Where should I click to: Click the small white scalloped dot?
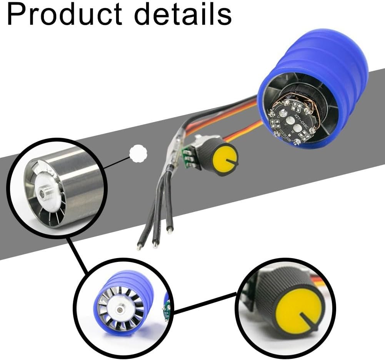pos(138,153)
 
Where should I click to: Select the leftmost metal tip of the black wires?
pos(139,246)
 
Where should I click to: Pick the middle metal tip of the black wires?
pos(155,244)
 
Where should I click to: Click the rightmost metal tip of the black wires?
pos(169,232)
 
